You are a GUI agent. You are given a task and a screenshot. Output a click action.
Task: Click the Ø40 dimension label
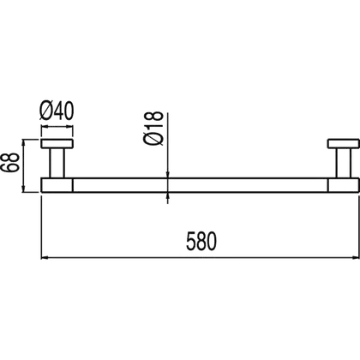point(57,111)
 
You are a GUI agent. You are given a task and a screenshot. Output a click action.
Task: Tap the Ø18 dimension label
point(154,129)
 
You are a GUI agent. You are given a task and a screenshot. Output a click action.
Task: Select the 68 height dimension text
point(9,162)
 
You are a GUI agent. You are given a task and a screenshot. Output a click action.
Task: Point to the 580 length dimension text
point(201,242)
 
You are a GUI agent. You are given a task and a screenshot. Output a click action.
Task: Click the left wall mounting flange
point(57,144)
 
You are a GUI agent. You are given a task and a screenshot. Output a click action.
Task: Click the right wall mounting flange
point(343,144)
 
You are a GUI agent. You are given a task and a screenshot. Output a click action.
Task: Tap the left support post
point(57,163)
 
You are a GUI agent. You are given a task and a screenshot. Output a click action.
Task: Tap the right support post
point(343,163)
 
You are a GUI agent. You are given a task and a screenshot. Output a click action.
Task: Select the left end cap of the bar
point(57,185)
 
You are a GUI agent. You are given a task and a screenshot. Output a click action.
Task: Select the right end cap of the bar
point(343,185)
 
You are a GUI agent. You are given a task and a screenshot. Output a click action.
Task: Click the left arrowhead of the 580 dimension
point(44,258)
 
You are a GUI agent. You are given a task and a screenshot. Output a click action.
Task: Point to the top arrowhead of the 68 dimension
point(24,142)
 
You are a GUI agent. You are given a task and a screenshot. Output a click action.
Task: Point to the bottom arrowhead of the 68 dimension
point(24,189)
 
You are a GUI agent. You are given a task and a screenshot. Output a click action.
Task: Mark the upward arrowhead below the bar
point(167,195)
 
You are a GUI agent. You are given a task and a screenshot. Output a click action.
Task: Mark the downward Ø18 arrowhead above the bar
point(167,175)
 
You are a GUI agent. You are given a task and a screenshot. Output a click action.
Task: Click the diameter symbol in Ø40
point(46,111)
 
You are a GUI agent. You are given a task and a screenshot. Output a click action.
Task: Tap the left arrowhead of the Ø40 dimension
point(45,127)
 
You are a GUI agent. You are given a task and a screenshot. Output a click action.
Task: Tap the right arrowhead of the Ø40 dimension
point(70,127)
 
